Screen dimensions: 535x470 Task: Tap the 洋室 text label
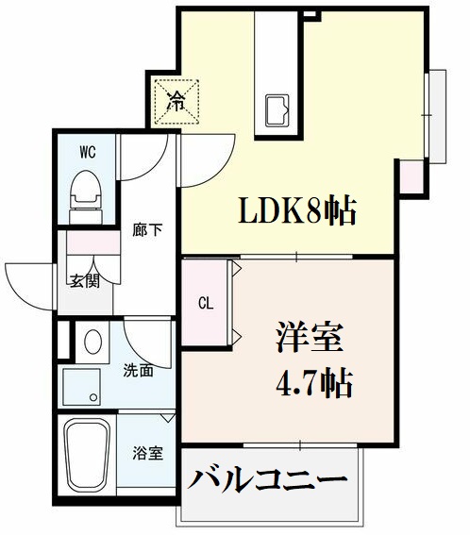pyautogui.click(x=296, y=337)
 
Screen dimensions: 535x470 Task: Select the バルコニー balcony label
pyautogui.click(x=267, y=479)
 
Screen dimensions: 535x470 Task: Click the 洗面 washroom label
pyautogui.click(x=139, y=371)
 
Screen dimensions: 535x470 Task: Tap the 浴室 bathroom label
pyautogui.click(x=147, y=453)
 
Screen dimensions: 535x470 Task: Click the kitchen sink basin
pyautogui.click(x=278, y=110)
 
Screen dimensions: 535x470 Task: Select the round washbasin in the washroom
pyautogui.click(x=93, y=341)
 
